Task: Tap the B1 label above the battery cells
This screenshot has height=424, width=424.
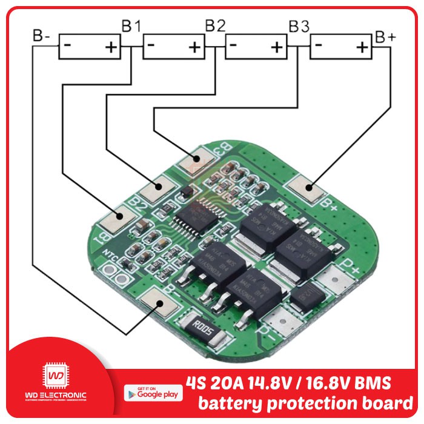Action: (131, 26)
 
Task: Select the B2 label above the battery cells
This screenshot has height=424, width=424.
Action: (215, 26)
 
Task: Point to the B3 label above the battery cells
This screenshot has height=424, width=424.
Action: (299, 27)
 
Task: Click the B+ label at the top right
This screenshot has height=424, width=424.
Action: (385, 36)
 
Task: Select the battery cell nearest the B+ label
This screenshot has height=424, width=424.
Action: (340, 47)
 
